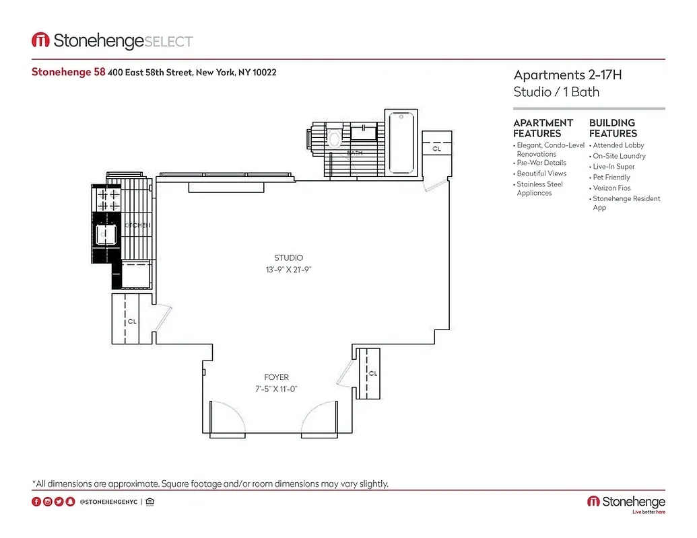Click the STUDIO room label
pos(288,258)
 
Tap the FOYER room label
pos(276,377)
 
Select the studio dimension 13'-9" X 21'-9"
pos(288,270)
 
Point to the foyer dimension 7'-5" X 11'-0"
pos(276,389)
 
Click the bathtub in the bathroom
pos(401,145)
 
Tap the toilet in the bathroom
pos(334,139)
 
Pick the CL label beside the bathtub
pos(436,149)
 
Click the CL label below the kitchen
pos(131,321)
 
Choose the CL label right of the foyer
pos(372,373)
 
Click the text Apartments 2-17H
pos(567,75)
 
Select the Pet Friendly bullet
pos(611,178)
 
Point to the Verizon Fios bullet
pos(611,188)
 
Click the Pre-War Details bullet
pos(541,163)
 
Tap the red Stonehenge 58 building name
pos(68,72)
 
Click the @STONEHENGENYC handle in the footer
pos(109,502)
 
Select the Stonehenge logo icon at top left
pos(40,41)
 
